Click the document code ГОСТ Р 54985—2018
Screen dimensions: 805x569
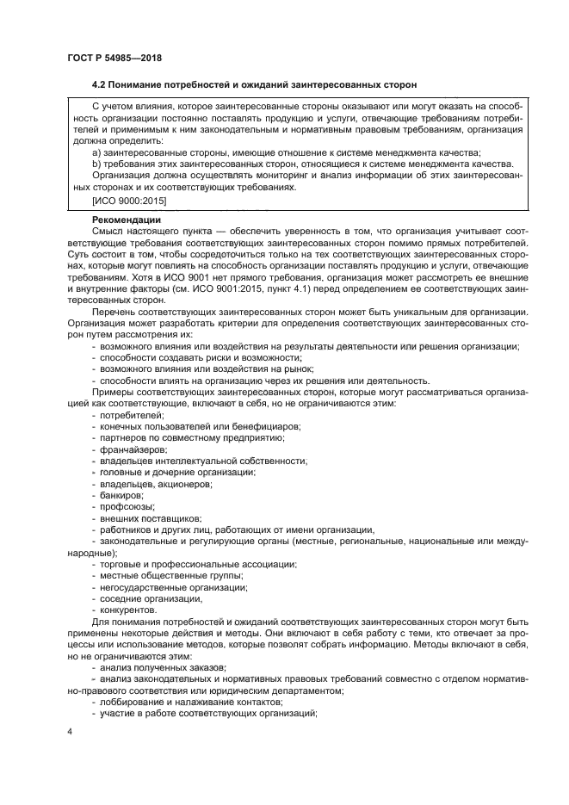[114, 58]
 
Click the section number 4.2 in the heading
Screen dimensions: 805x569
[100, 85]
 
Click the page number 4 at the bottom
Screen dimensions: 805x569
[69, 732]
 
